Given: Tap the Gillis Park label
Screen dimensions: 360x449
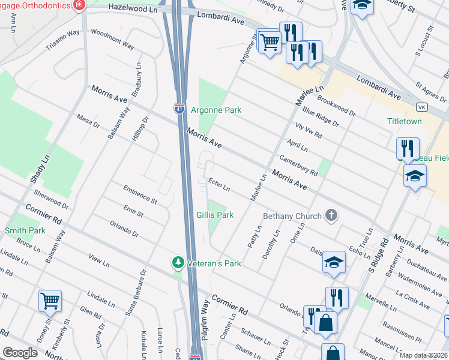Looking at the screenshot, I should [x=214, y=215].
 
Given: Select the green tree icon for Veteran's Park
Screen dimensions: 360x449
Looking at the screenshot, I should [x=178, y=263].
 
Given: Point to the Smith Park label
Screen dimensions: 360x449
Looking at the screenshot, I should [x=25, y=230].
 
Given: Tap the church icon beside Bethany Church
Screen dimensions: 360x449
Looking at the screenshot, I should [x=330, y=215].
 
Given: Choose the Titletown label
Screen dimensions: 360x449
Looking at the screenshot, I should [x=404, y=121].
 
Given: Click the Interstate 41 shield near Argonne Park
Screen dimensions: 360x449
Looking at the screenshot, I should [x=179, y=109].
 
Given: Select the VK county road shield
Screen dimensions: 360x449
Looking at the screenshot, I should [x=421, y=107].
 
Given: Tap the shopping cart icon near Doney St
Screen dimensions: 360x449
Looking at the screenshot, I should [x=49, y=300].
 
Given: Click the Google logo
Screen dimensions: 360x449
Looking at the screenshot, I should [x=20, y=353].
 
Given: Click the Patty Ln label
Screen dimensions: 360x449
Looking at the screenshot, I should [x=255, y=237].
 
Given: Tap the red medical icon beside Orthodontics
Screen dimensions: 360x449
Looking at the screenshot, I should [x=77, y=5].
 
